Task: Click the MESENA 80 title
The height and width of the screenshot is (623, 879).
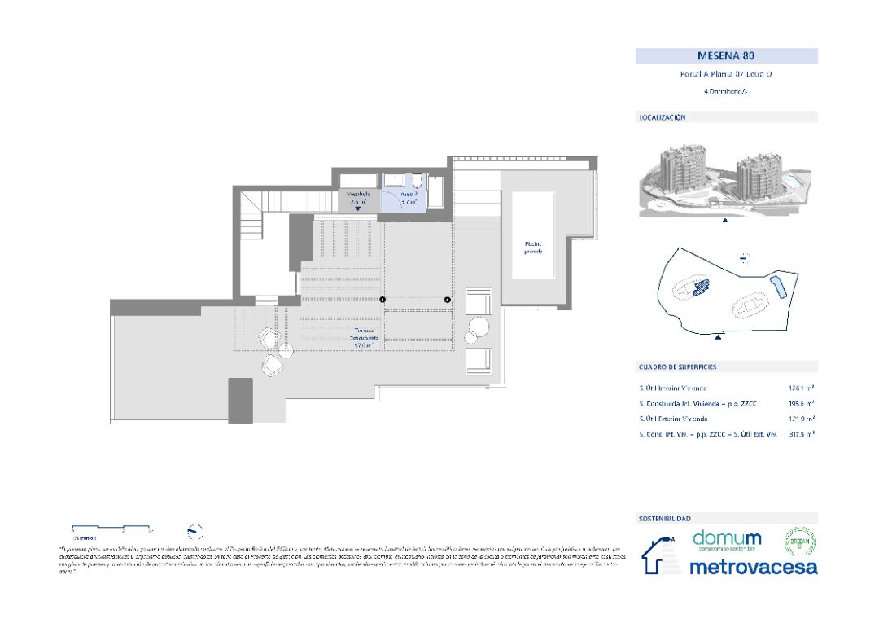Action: (x=726, y=56)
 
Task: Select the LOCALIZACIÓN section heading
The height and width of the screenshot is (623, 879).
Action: (x=663, y=117)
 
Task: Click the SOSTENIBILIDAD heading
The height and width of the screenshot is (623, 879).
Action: (x=665, y=518)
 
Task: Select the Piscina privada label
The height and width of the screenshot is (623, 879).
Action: (x=533, y=248)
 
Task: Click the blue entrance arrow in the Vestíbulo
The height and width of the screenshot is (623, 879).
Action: (x=357, y=208)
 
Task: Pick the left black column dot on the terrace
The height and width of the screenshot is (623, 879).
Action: (x=383, y=301)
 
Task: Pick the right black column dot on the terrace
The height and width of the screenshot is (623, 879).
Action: (x=448, y=301)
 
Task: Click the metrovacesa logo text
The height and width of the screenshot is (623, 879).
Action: (x=753, y=568)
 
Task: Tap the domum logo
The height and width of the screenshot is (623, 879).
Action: (x=727, y=540)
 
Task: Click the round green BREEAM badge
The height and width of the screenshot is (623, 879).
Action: (x=798, y=542)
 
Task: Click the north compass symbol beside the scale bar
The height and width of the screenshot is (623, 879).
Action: (x=195, y=532)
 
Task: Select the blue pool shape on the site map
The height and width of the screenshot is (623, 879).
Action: (x=776, y=287)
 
